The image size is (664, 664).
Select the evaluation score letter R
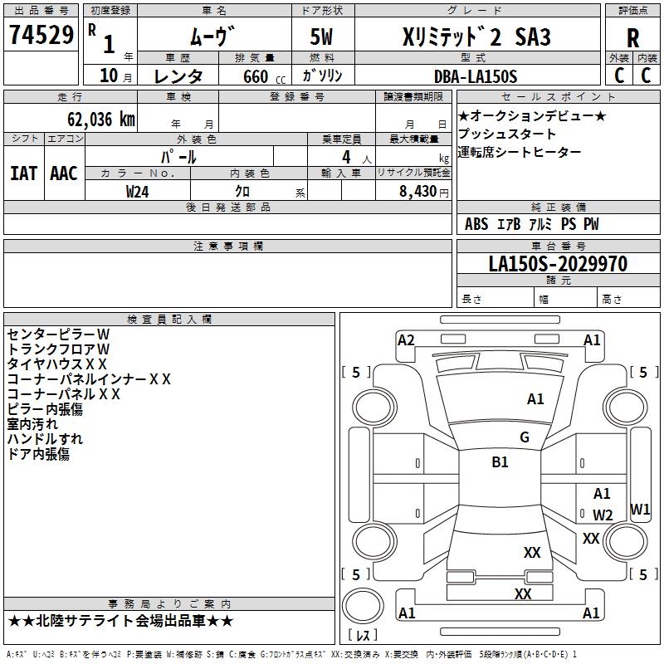coord(632,38)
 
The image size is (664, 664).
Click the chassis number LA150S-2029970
coord(558,264)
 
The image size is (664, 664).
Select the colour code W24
coord(138,191)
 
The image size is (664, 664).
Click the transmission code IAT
coord(23,173)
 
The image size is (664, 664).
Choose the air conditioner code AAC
coord(64,173)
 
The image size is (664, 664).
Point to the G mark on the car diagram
coord(525,437)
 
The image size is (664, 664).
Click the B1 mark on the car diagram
coord(500,462)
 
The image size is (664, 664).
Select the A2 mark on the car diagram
coord(406,339)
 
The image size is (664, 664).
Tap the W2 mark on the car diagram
coord(603,515)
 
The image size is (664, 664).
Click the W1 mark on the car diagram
coord(640,509)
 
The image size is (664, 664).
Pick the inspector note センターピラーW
coord(58,334)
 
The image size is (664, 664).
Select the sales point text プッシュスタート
coord(507,134)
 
